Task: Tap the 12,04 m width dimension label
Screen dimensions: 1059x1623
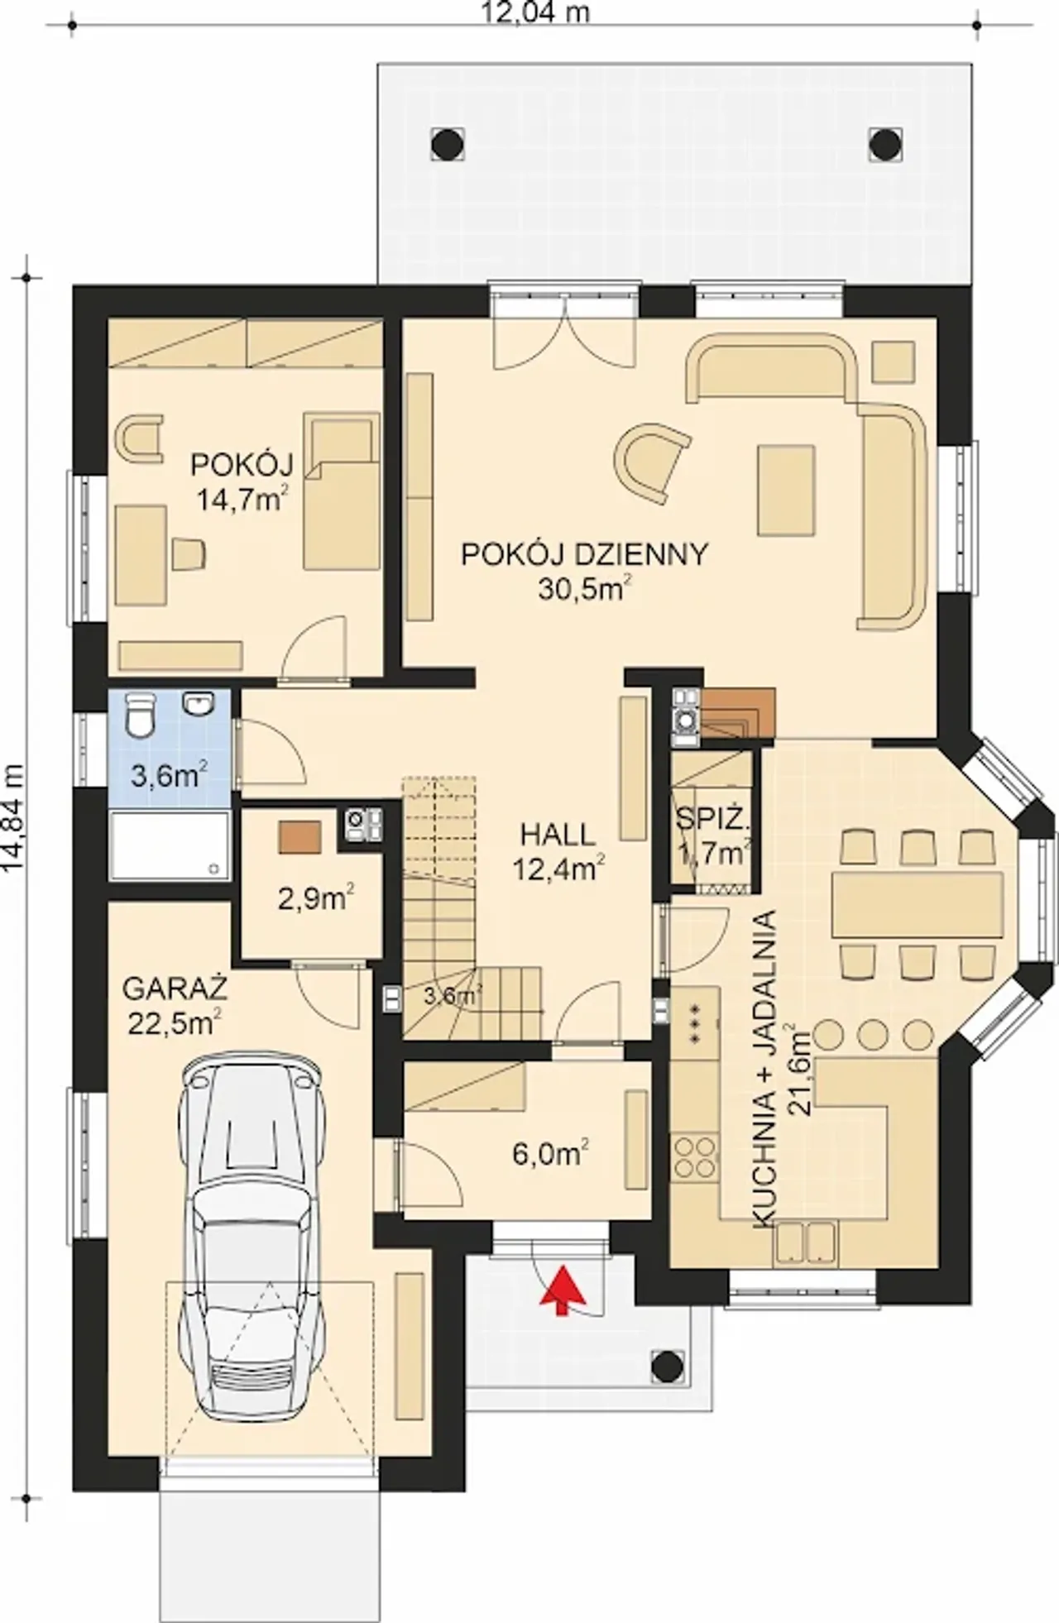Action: coord(536,12)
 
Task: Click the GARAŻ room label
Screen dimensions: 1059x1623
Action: coord(175,989)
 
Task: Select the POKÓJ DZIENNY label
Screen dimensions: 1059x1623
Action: coord(584,554)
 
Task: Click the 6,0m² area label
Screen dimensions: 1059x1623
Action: coord(550,1153)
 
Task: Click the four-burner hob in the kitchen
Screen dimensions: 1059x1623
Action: coord(695,1157)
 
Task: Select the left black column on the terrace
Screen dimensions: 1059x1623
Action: coord(447,144)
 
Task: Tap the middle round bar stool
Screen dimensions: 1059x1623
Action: coord(873,1035)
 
